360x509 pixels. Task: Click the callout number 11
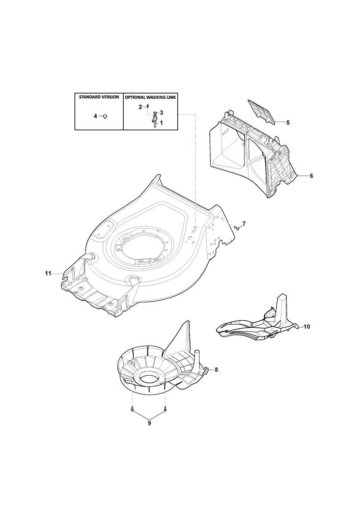tap(48, 274)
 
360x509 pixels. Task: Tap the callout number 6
tap(311, 176)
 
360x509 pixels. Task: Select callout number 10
tap(307, 327)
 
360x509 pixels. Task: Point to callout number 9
tap(149, 423)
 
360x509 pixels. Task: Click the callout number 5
tap(288, 123)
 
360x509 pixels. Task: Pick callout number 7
tap(244, 223)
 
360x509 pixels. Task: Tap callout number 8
tap(216, 370)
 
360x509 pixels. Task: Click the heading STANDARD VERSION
tap(99, 97)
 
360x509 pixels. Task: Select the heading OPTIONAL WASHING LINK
tap(150, 97)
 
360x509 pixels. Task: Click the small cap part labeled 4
tap(105, 116)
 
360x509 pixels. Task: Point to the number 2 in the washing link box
tap(141, 107)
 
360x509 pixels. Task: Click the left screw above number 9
tap(132, 409)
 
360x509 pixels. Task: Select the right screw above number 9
tap(165, 409)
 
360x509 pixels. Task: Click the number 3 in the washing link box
tap(161, 112)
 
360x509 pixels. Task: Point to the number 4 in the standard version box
tap(95, 116)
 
